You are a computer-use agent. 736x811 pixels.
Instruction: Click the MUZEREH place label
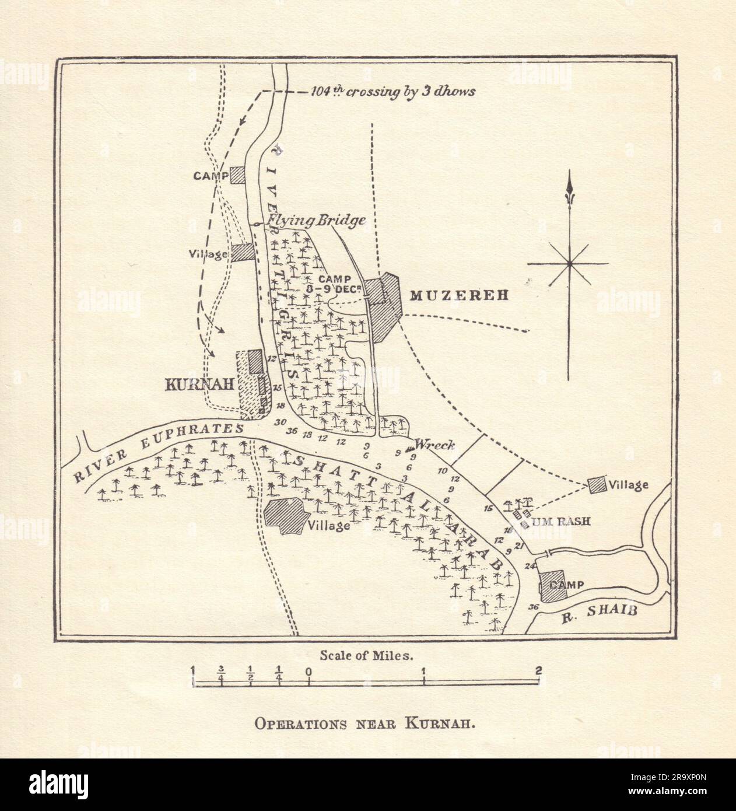(x=459, y=295)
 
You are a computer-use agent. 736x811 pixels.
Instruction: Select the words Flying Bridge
(x=316, y=221)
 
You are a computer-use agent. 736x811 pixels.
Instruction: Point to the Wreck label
(x=434, y=445)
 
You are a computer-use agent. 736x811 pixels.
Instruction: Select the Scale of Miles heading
(x=367, y=655)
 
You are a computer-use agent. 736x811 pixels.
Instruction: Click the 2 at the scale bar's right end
(x=538, y=670)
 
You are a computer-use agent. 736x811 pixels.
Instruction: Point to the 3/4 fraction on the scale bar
(x=221, y=670)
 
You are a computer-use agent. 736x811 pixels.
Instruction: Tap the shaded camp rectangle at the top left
(x=237, y=175)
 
